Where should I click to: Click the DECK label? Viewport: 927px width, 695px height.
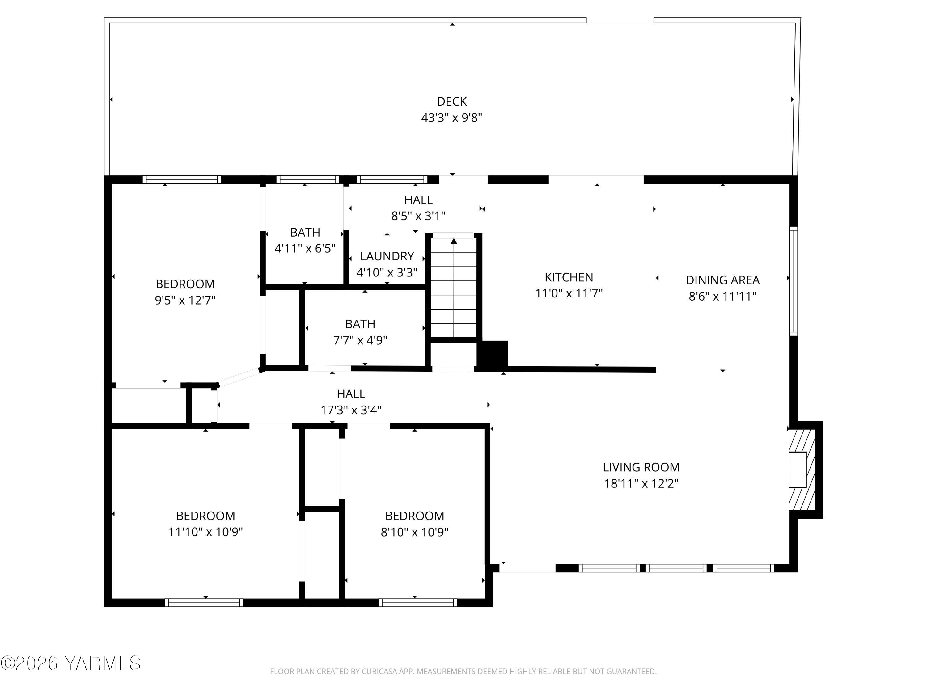pyautogui.click(x=451, y=101)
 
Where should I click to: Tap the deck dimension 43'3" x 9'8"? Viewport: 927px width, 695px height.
pyautogui.click(x=451, y=118)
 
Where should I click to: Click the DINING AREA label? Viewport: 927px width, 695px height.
pyautogui.click(x=722, y=280)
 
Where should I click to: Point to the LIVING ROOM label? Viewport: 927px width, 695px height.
pyautogui.click(x=641, y=467)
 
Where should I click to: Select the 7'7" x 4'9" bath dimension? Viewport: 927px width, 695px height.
pyautogui.click(x=360, y=340)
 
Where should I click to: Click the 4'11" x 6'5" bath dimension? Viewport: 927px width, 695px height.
pyautogui.click(x=305, y=248)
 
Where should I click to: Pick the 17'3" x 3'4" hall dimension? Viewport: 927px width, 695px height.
pyautogui.click(x=351, y=410)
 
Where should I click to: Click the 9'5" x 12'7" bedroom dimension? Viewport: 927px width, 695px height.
pyautogui.click(x=185, y=300)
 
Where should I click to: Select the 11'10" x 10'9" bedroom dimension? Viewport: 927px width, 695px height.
pyautogui.click(x=205, y=532)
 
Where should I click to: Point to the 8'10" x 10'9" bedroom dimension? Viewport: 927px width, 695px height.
pyautogui.click(x=414, y=532)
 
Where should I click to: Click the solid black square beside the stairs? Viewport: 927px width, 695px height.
pyautogui.click(x=493, y=354)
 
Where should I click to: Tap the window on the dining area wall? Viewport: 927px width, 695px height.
pyautogui.click(x=793, y=281)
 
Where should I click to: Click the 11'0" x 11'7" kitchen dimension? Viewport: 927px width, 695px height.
pyautogui.click(x=569, y=293)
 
